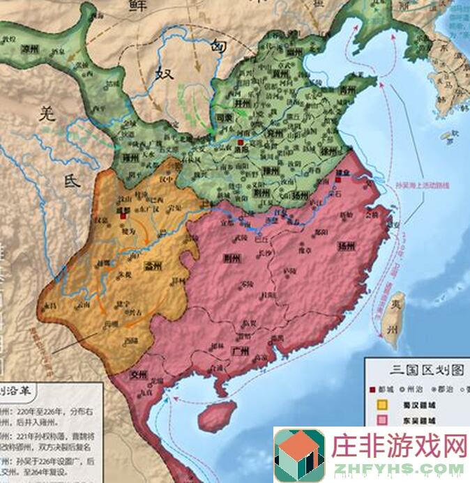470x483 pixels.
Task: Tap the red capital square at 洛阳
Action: point(240,141)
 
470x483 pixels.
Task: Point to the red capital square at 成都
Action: point(123,216)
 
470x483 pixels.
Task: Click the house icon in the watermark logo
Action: point(299,453)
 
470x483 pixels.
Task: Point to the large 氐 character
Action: point(73,183)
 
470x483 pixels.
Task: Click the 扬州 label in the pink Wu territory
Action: point(346,247)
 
